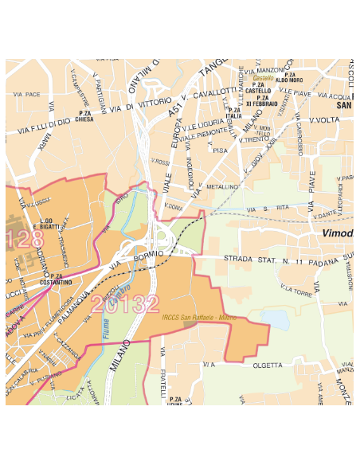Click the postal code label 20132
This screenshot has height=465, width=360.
coord(124,303)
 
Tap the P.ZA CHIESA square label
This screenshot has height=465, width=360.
coord(84,118)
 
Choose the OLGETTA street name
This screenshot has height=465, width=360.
coord(268,365)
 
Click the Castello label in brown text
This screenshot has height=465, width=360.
coord(263,78)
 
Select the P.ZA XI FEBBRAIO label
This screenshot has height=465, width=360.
coord(260,100)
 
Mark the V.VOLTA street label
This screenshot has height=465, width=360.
coord(324,120)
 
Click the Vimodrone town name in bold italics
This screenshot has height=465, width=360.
coord(338,233)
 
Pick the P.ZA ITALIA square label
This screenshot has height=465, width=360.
coord(233,113)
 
